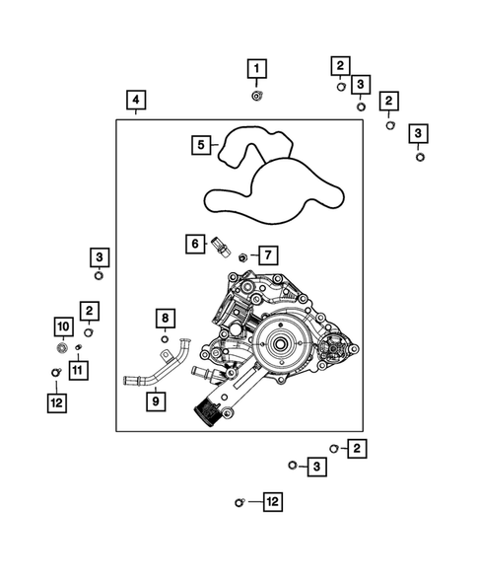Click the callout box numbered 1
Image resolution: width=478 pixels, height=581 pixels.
point(256,68)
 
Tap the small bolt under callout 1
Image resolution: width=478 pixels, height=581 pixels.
point(256,96)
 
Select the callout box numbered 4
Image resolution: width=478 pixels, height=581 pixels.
point(136,100)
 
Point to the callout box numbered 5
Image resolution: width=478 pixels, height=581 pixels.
point(202,145)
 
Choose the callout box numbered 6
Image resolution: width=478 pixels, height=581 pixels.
point(195,243)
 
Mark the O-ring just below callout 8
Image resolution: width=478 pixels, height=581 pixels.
point(165,339)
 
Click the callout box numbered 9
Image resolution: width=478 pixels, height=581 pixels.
point(156,401)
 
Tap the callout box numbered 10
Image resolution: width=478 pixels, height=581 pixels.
point(61,326)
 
